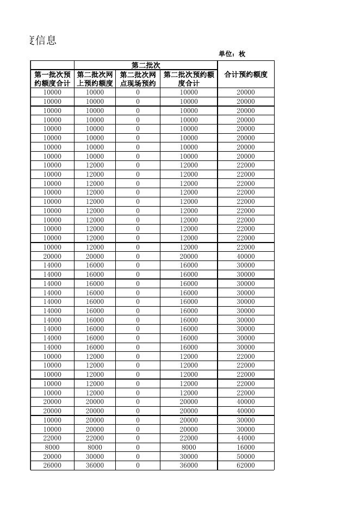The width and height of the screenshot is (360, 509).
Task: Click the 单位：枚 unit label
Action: point(232,54)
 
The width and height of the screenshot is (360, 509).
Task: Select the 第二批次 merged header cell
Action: point(146,65)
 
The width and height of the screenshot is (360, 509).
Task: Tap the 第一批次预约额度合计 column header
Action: point(52,79)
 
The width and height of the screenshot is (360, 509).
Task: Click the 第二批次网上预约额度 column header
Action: point(95,79)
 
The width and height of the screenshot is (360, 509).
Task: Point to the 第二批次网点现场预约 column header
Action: point(138,79)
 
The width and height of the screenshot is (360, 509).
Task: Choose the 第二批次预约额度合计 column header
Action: point(189,79)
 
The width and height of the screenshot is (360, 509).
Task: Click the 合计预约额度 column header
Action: point(246,75)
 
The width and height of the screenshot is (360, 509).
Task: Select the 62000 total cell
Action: point(246,465)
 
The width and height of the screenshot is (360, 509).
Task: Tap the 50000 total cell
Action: point(246,456)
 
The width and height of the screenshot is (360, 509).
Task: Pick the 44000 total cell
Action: point(246,438)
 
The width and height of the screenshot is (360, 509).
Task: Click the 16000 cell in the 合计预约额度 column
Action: point(246,448)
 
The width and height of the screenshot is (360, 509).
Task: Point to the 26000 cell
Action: point(52,465)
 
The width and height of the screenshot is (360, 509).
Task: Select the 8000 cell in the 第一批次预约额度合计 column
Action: point(52,448)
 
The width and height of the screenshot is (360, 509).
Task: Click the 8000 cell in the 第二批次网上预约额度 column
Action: point(95,448)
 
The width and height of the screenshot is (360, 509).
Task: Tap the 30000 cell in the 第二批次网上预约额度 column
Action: point(95,456)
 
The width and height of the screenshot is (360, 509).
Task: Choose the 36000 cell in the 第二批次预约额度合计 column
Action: point(189,465)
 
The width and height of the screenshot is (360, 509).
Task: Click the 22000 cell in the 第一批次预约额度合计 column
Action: point(52,438)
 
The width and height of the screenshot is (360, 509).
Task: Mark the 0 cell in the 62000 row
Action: point(138,465)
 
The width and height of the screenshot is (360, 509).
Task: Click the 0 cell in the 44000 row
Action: point(138,438)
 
